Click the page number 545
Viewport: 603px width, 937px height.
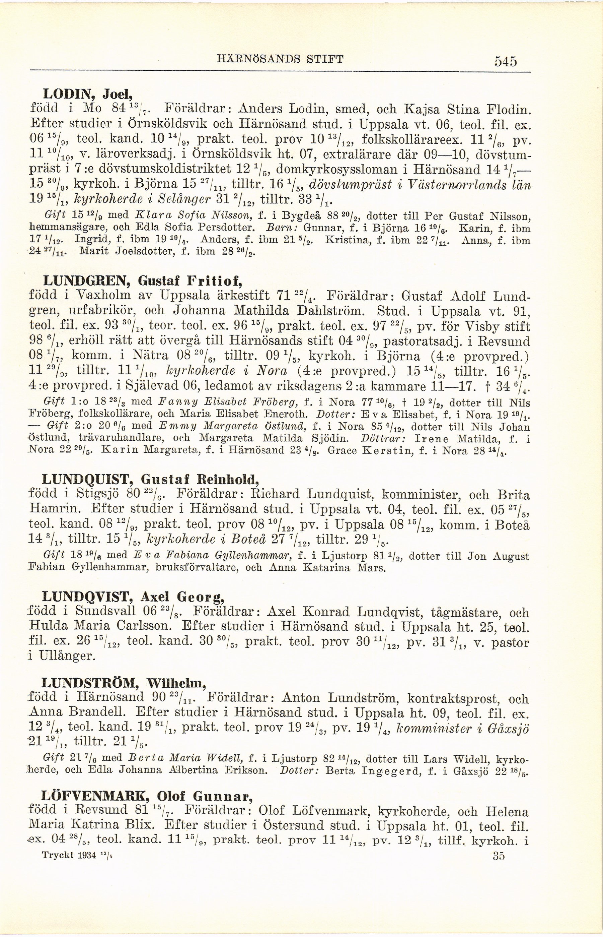pos(506,62)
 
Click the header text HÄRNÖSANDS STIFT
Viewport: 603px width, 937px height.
pos(280,60)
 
